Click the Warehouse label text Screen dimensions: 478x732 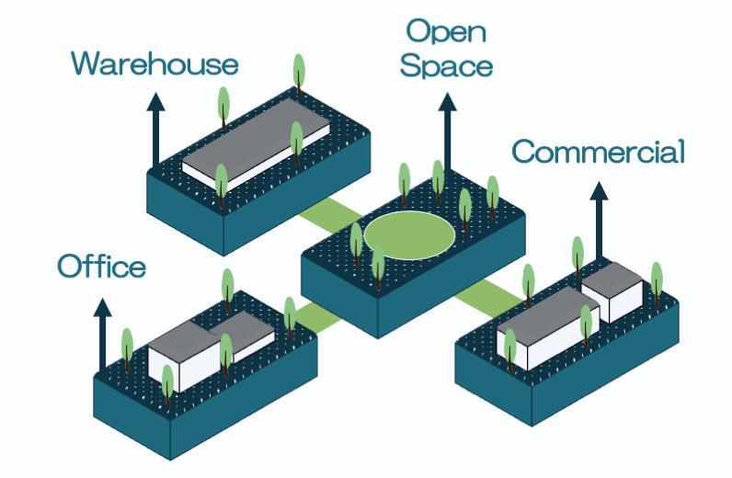click(154, 63)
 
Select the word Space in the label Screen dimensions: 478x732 click(449, 66)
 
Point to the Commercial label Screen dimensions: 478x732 click(598, 152)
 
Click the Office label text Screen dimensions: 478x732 click(101, 267)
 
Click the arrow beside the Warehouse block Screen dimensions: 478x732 click(156, 129)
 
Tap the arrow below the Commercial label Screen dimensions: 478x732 click(599, 221)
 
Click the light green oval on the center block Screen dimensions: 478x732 click(409, 233)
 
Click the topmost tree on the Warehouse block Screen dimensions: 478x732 click(298, 71)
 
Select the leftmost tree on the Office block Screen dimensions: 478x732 click(127, 347)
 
